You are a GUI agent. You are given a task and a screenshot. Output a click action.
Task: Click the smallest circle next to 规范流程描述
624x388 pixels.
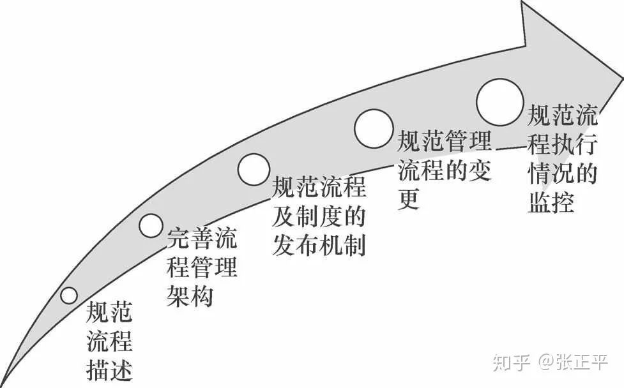point(68,295)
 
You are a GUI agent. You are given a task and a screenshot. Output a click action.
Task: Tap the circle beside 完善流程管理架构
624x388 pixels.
point(151,224)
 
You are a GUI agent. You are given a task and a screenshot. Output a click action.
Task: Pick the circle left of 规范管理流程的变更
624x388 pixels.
point(374,127)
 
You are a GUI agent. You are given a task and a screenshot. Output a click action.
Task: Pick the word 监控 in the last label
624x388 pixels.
point(551,202)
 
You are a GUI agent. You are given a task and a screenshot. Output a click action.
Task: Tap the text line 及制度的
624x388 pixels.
point(319,217)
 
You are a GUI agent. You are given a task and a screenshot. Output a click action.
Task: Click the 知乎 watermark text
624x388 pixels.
point(511,362)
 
